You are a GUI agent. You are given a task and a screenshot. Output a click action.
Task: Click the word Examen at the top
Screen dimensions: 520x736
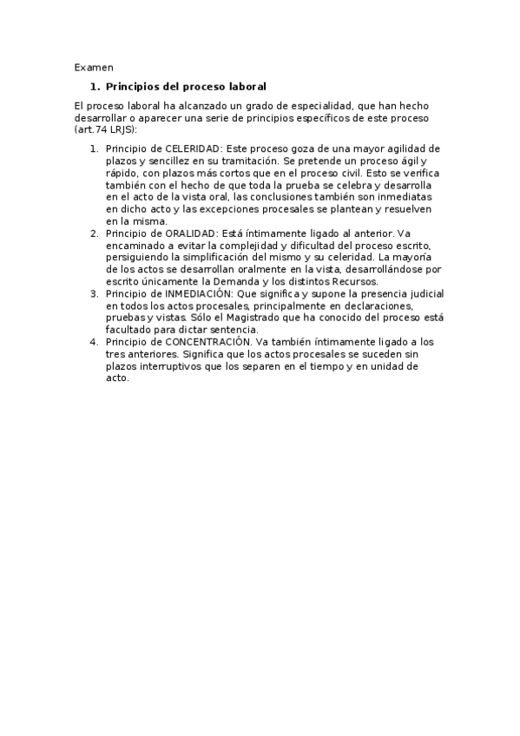(94, 67)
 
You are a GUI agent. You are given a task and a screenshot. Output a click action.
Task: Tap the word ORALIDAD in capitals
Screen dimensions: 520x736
(190, 233)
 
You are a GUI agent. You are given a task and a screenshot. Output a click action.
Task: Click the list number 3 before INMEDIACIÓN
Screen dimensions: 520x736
(94, 294)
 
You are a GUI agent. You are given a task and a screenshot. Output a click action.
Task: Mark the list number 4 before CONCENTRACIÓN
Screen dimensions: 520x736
(94, 342)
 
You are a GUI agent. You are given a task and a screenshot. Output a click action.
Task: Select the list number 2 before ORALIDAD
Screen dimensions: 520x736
(94, 233)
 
